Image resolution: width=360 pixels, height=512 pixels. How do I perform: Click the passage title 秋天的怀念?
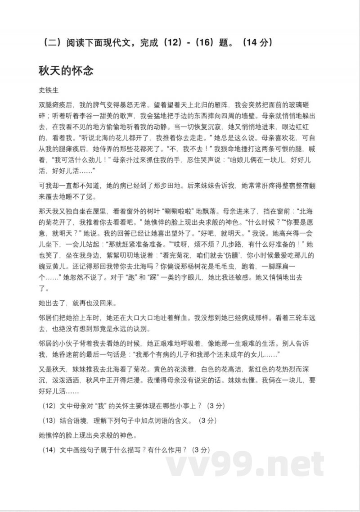[66, 71]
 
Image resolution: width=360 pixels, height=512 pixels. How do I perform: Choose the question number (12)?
[48, 406]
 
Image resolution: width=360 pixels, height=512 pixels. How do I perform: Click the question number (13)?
[48, 421]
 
